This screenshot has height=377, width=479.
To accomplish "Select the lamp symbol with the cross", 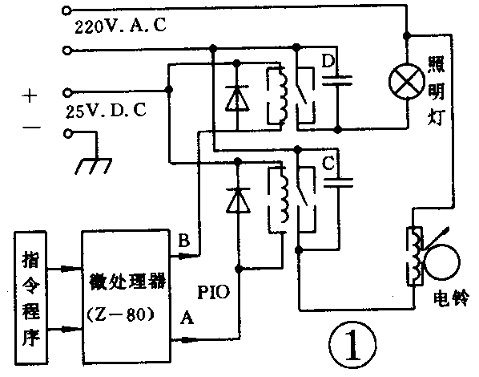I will [406, 80].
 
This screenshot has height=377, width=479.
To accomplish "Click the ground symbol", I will [96, 165].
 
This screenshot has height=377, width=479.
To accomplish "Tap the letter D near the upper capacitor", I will [327, 60].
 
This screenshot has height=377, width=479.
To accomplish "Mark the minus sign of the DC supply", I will [30, 126].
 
